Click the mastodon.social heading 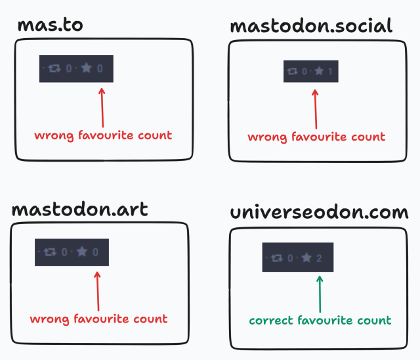(311, 26)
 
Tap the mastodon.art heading (79, 210)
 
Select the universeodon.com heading (320, 213)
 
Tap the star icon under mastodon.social (319, 71)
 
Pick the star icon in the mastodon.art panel (81, 252)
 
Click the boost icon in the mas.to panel (54, 68)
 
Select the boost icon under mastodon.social (293, 71)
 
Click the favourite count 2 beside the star (319, 258)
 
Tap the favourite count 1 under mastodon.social (331, 71)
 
